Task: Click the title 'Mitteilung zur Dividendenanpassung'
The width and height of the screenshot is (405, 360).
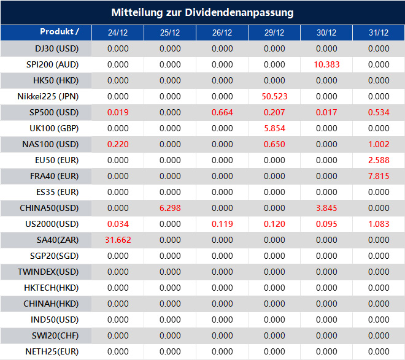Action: point(202,12)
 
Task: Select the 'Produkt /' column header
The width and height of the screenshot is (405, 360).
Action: point(60,32)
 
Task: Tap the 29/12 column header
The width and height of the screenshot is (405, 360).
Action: point(274,33)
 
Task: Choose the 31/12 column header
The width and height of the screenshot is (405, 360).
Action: point(379,33)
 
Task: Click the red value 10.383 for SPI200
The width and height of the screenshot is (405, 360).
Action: point(326,64)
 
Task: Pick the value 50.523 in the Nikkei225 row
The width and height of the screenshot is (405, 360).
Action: point(274,96)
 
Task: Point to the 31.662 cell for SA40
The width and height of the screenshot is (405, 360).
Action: point(118,240)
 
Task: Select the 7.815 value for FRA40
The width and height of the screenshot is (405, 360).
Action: point(379,176)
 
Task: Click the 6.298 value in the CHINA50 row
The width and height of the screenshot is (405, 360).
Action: point(170,208)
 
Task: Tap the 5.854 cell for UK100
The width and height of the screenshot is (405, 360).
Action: point(274,128)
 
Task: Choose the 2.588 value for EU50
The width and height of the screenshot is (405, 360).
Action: point(379,160)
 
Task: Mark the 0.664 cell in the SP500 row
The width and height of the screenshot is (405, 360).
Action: point(222,112)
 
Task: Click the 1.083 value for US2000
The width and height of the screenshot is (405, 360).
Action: point(379,224)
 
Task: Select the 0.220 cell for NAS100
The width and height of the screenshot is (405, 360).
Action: point(118,144)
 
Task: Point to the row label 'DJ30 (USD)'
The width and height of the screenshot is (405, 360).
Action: point(56,48)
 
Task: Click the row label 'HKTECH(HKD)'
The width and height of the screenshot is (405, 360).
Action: point(55,288)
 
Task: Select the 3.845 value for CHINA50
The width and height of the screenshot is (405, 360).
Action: point(326,208)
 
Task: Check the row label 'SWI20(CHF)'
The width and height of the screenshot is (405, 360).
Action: point(55,335)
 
